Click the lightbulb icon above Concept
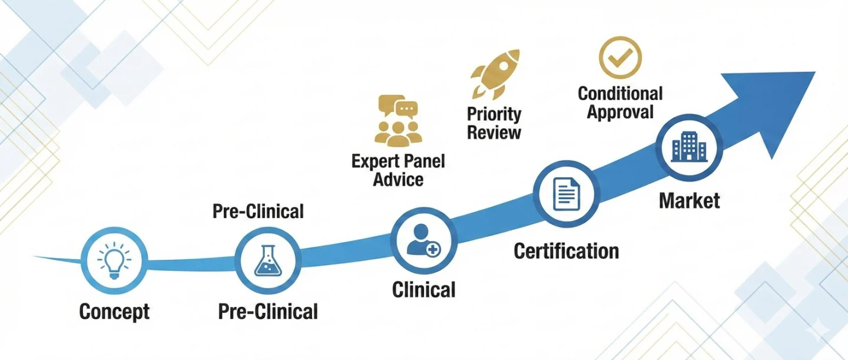click(114, 260)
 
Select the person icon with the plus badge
click(423, 240)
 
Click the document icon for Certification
click(567, 194)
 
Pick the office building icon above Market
click(689, 147)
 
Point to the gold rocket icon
click(495, 74)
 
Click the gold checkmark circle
click(620, 58)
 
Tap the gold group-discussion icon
click(398, 121)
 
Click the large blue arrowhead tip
click(815, 72)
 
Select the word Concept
click(114, 312)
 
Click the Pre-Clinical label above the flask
click(258, 212)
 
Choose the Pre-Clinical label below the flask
click(268, 312)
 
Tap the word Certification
click(567, 251)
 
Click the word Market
click(690, 200)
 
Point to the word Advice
click(398, 179)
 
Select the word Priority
click(494, 114)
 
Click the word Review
click(494, 132)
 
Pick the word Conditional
click(620, 94)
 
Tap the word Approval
click(620, 112)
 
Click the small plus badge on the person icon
click(433, 250)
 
